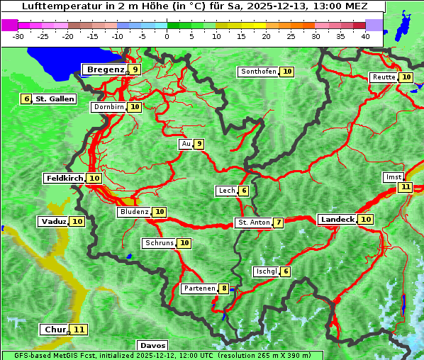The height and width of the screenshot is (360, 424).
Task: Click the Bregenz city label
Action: [105, 69]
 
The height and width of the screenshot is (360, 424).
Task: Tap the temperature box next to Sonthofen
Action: [287, 72]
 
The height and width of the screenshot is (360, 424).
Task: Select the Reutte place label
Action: [384, 77]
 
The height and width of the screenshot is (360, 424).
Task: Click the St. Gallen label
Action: [55, 99]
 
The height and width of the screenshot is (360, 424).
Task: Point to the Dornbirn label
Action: [109, 107]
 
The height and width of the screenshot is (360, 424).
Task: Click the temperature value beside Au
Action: [199, 144]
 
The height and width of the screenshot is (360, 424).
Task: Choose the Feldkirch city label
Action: [65, 179]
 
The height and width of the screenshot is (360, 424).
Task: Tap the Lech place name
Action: [226, 191]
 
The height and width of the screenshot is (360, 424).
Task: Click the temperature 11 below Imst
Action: [405, 187]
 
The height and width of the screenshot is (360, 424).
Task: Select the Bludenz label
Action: [135, 212]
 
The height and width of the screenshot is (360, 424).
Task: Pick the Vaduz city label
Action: [54, 222]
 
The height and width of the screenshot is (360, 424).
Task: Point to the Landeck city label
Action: [337, 220]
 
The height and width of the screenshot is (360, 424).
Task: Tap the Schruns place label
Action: [159, 243]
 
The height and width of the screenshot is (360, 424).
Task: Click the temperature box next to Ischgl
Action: [285, 271]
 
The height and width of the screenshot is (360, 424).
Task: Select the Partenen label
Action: [199, 288]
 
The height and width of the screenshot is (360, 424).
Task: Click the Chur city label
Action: [55, 330]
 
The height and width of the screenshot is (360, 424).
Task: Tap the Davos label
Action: [152, 346]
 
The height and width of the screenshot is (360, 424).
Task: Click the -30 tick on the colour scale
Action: [18, 35]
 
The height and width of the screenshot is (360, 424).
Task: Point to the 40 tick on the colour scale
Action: [364, 35]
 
